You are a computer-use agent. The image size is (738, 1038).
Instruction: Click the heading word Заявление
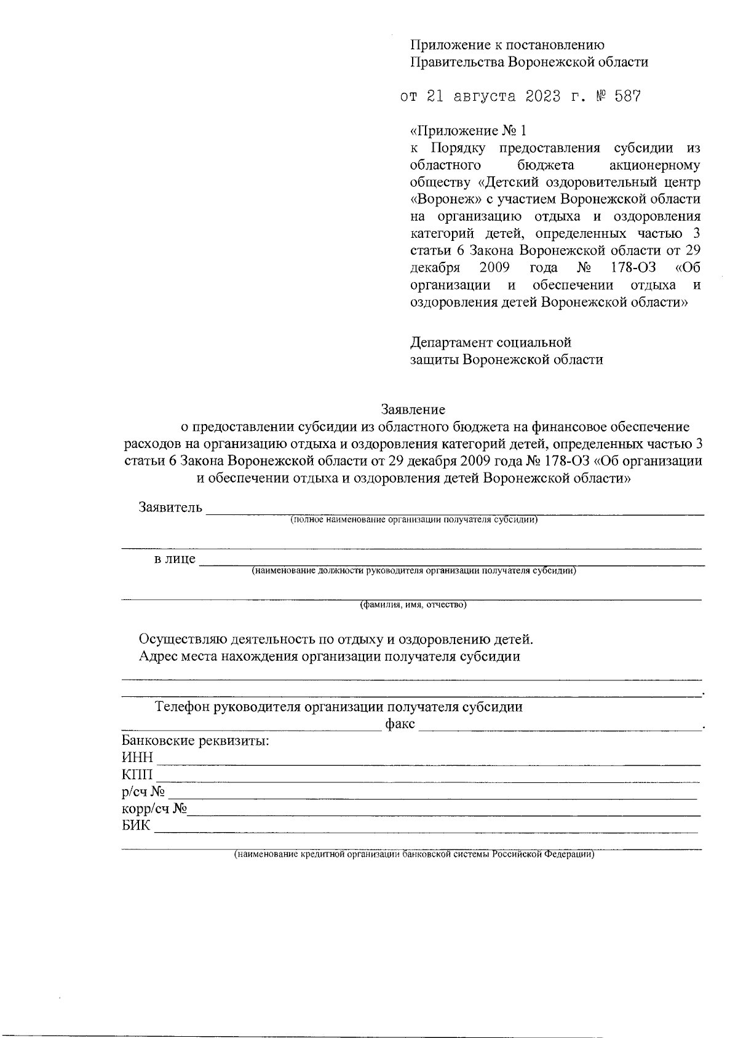(413, 409)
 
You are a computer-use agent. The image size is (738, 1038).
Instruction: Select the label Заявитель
(170, 508)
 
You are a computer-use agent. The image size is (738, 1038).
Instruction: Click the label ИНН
(137, 758)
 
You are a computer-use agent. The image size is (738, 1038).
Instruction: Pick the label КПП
(137, 774)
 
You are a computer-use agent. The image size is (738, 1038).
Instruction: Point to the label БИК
(136, 825)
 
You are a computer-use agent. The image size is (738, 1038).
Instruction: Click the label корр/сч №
(154, 808)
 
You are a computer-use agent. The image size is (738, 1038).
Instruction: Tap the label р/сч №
(143, 792)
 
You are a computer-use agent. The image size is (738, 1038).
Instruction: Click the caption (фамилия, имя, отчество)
(413, 605)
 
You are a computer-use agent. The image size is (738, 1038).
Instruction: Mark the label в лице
(175, 559)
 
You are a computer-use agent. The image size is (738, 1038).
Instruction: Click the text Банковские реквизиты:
(196, 741)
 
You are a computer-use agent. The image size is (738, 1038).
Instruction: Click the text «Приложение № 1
(469, 131)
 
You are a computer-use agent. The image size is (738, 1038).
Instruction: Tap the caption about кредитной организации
(413, 855)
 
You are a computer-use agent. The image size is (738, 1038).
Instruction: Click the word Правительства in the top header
(456, 62)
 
